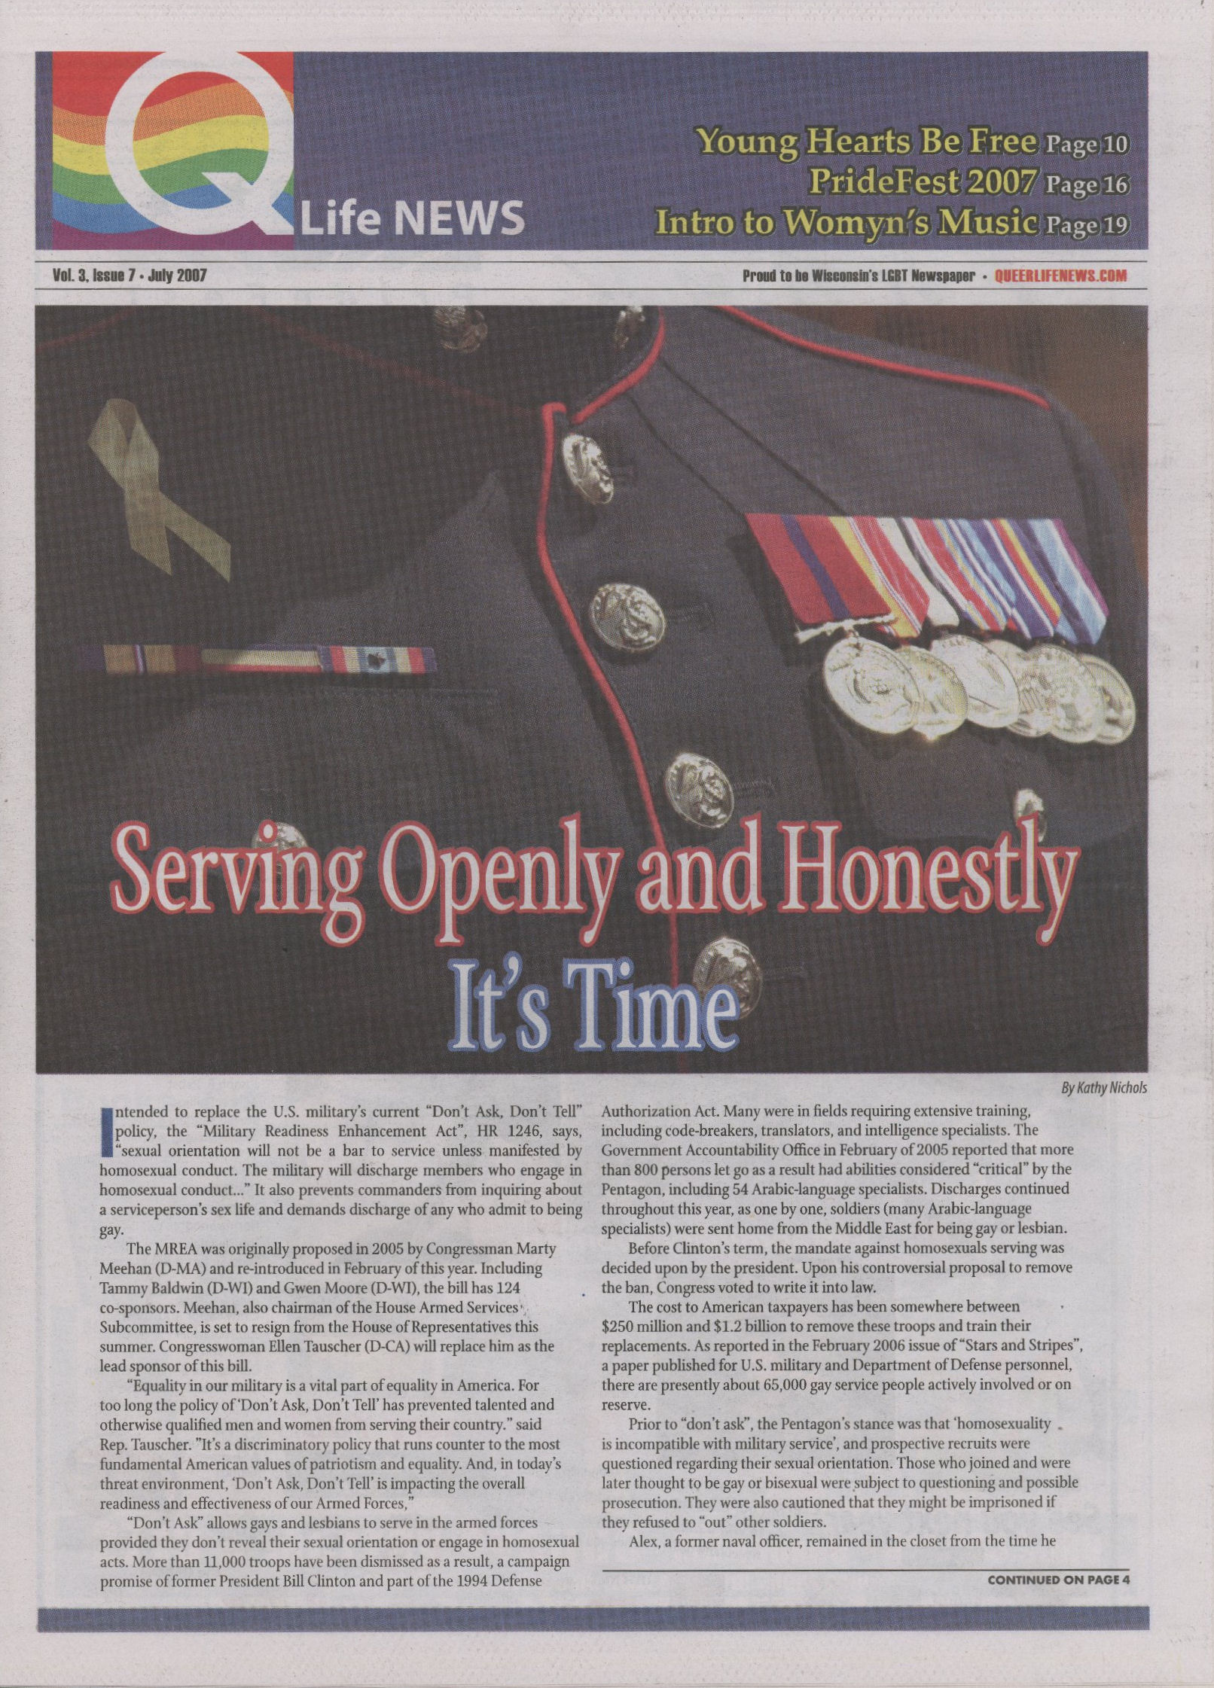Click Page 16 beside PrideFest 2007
[x=1086, y=182]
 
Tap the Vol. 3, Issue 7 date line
[x=129, y=276]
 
